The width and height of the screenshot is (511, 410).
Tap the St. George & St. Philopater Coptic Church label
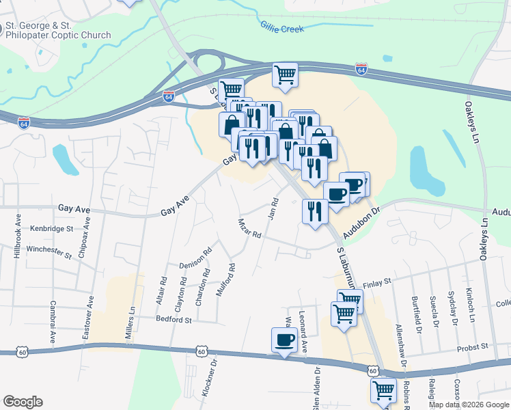pos(58,31)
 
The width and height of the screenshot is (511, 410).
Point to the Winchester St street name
pos(49,251)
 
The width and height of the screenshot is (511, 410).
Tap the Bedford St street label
pos(174,319)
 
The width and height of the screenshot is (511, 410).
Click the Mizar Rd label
pos(249,228)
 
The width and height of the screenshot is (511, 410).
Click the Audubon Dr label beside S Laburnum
pos(361,223)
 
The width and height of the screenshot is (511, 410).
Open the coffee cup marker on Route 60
pos(284,340)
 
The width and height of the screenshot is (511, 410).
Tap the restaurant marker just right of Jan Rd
pos(315,210)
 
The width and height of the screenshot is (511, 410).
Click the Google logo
pos(23,402)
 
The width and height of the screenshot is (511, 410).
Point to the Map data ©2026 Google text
pos(469,405)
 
